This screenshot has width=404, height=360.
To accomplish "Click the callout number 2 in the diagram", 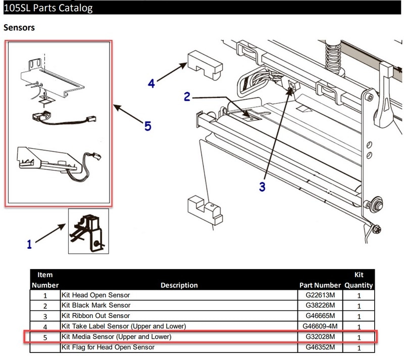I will pyautogui.click(x=187, y=96).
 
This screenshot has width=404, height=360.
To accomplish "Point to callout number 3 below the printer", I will pyautogui.click(x=262, y=187).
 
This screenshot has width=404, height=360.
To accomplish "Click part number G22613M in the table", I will pyautogui.click(x=320, y=295).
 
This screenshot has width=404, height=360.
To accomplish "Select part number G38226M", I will pyautogui.click(x=320, y=305).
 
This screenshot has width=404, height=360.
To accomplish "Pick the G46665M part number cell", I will pyautogui.click(x=320, y=316).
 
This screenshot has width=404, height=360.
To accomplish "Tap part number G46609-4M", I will pyautogui.click(x=320, y=326).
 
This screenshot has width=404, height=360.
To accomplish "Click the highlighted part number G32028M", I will pyautogui.click(x=320, y=336).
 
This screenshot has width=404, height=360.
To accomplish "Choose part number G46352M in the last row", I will pyautogui.click(x=320, y=347).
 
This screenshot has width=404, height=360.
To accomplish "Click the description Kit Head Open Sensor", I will pyautogui.click(x=95, y=295).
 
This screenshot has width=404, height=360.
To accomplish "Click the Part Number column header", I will pyautogui.click(x=320, y=285).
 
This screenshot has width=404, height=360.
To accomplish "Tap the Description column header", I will pyautogui.click(x=179, y=285).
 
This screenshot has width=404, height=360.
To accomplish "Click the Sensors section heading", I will pyautogui.click(x=19, y=28).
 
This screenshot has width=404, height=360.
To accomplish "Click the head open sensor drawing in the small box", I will pyautogui.click(x=88, y=231).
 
